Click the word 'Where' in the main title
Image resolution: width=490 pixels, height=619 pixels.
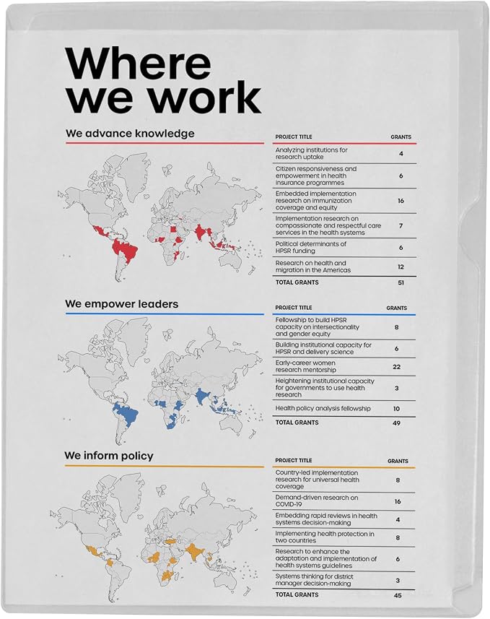pos(139,64)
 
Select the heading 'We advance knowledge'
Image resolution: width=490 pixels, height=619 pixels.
pos(130,134)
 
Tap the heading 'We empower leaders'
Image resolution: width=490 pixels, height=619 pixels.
pos(121,304)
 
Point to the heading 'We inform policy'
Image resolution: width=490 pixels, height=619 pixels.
pos(109,456)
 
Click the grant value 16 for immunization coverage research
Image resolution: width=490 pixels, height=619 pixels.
pos(401,201)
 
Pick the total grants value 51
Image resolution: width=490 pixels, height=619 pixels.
pos(401,282)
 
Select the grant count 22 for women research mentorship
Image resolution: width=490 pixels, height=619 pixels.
pos(396,367)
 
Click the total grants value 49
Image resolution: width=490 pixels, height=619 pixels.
pos(396,423)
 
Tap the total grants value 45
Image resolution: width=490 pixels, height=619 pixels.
pos(398,595)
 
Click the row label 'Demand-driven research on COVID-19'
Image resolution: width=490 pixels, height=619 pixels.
pos(317,501)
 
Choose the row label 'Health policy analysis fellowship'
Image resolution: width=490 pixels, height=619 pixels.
pos(323,409)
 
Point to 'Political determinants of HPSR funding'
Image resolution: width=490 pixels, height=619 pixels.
pos(311,248)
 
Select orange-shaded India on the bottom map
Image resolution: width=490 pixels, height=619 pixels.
pos(193,551)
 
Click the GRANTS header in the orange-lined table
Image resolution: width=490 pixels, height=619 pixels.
pos(398,461)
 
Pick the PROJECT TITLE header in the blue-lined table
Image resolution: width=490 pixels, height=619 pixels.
pos(294,308)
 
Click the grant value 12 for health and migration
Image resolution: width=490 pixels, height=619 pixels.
pos(401,267)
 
